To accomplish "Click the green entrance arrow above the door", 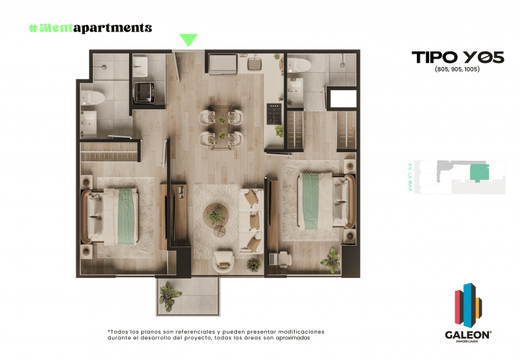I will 188,40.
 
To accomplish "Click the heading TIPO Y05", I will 457,58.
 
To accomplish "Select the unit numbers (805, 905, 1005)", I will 457,71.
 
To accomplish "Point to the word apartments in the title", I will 115,28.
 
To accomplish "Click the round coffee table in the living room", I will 215,214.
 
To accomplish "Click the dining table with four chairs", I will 221,125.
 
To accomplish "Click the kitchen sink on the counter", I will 255,64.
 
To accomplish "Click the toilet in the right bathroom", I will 300,66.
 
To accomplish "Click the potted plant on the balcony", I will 169,294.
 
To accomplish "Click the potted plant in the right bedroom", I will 331,259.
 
